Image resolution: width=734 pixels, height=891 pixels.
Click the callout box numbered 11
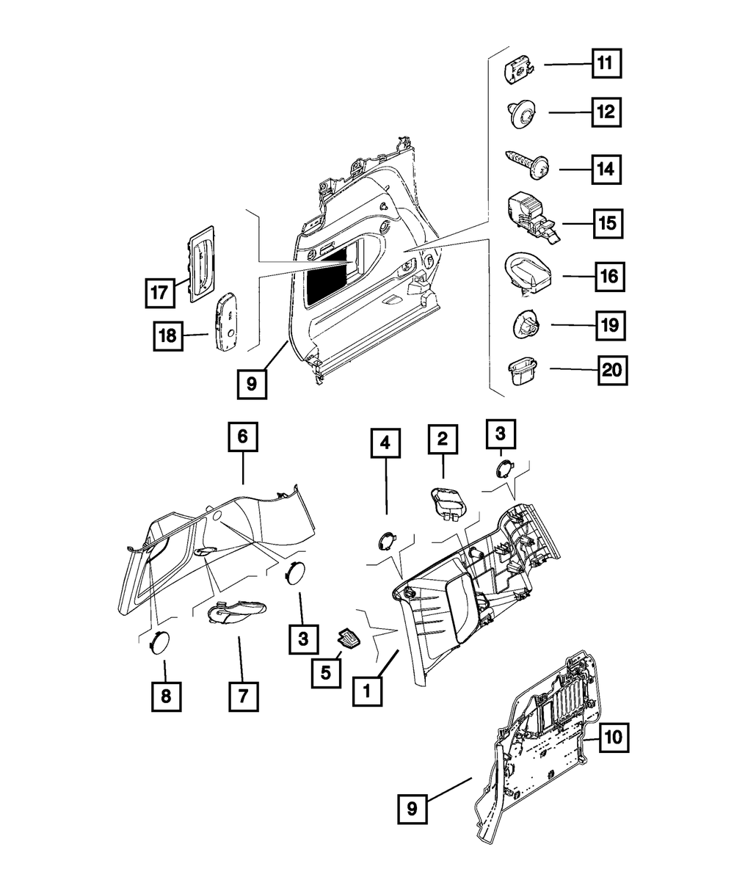pos(606,64)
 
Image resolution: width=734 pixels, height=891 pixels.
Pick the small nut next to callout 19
pos(523,323)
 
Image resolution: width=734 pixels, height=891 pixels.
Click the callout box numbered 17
pos(159,291)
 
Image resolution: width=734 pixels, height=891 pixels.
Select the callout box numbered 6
pos(242,438)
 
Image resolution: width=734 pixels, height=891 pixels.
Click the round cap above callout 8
pos(159,642)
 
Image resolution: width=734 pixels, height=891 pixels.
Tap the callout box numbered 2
pos(443,440)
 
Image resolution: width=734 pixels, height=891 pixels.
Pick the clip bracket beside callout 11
pos(520,70)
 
